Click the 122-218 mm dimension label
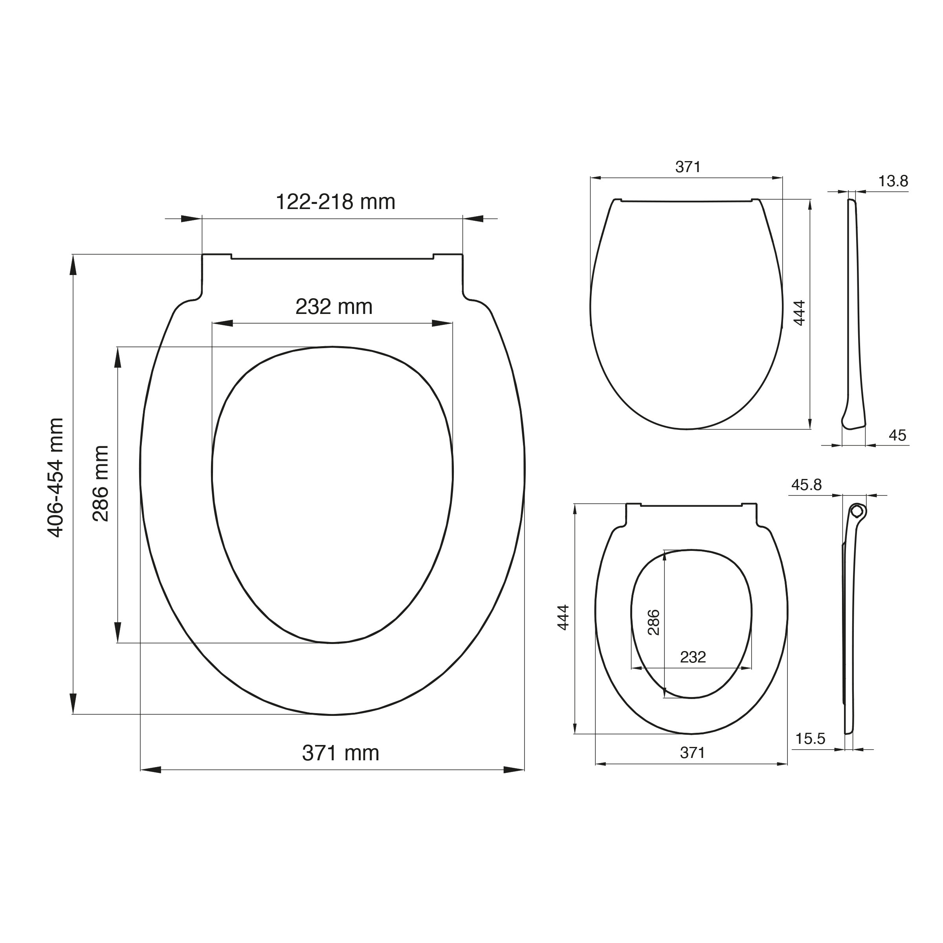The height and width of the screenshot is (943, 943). (x=335, y=202)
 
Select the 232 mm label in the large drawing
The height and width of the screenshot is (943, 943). (x=334, y=306)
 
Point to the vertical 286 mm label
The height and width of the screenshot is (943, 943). (x=101, y=483)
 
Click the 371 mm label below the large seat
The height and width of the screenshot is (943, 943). (x=341, y=753)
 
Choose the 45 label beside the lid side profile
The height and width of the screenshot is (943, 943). (x=897, y=435)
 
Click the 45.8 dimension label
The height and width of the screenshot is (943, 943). (x=806, y=485)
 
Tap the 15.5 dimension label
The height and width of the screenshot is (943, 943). (x=810, y=739)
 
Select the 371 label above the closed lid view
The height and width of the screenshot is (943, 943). (x=688, y=167)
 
